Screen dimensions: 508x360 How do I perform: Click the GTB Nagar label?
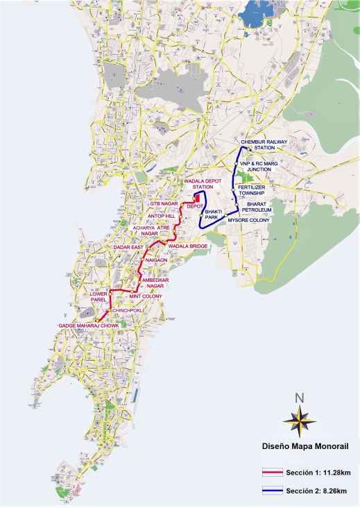pos(164,203)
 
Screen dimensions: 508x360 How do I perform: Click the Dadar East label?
pos(128,247)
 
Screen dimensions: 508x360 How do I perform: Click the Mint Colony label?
pos(145,296)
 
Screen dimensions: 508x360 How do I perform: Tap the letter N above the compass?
pos(299,398)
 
